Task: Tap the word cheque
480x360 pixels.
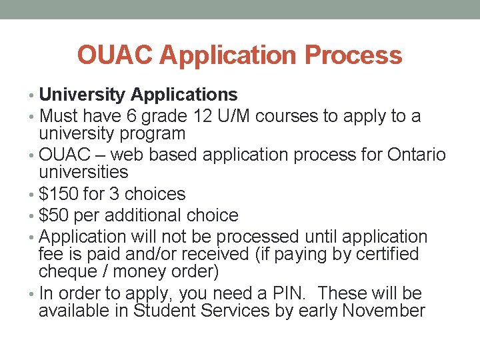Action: pos(66,271)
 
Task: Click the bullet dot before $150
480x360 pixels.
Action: pos(33,195)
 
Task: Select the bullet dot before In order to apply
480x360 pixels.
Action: pos(33,293)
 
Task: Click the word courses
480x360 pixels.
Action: pos(286,116)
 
